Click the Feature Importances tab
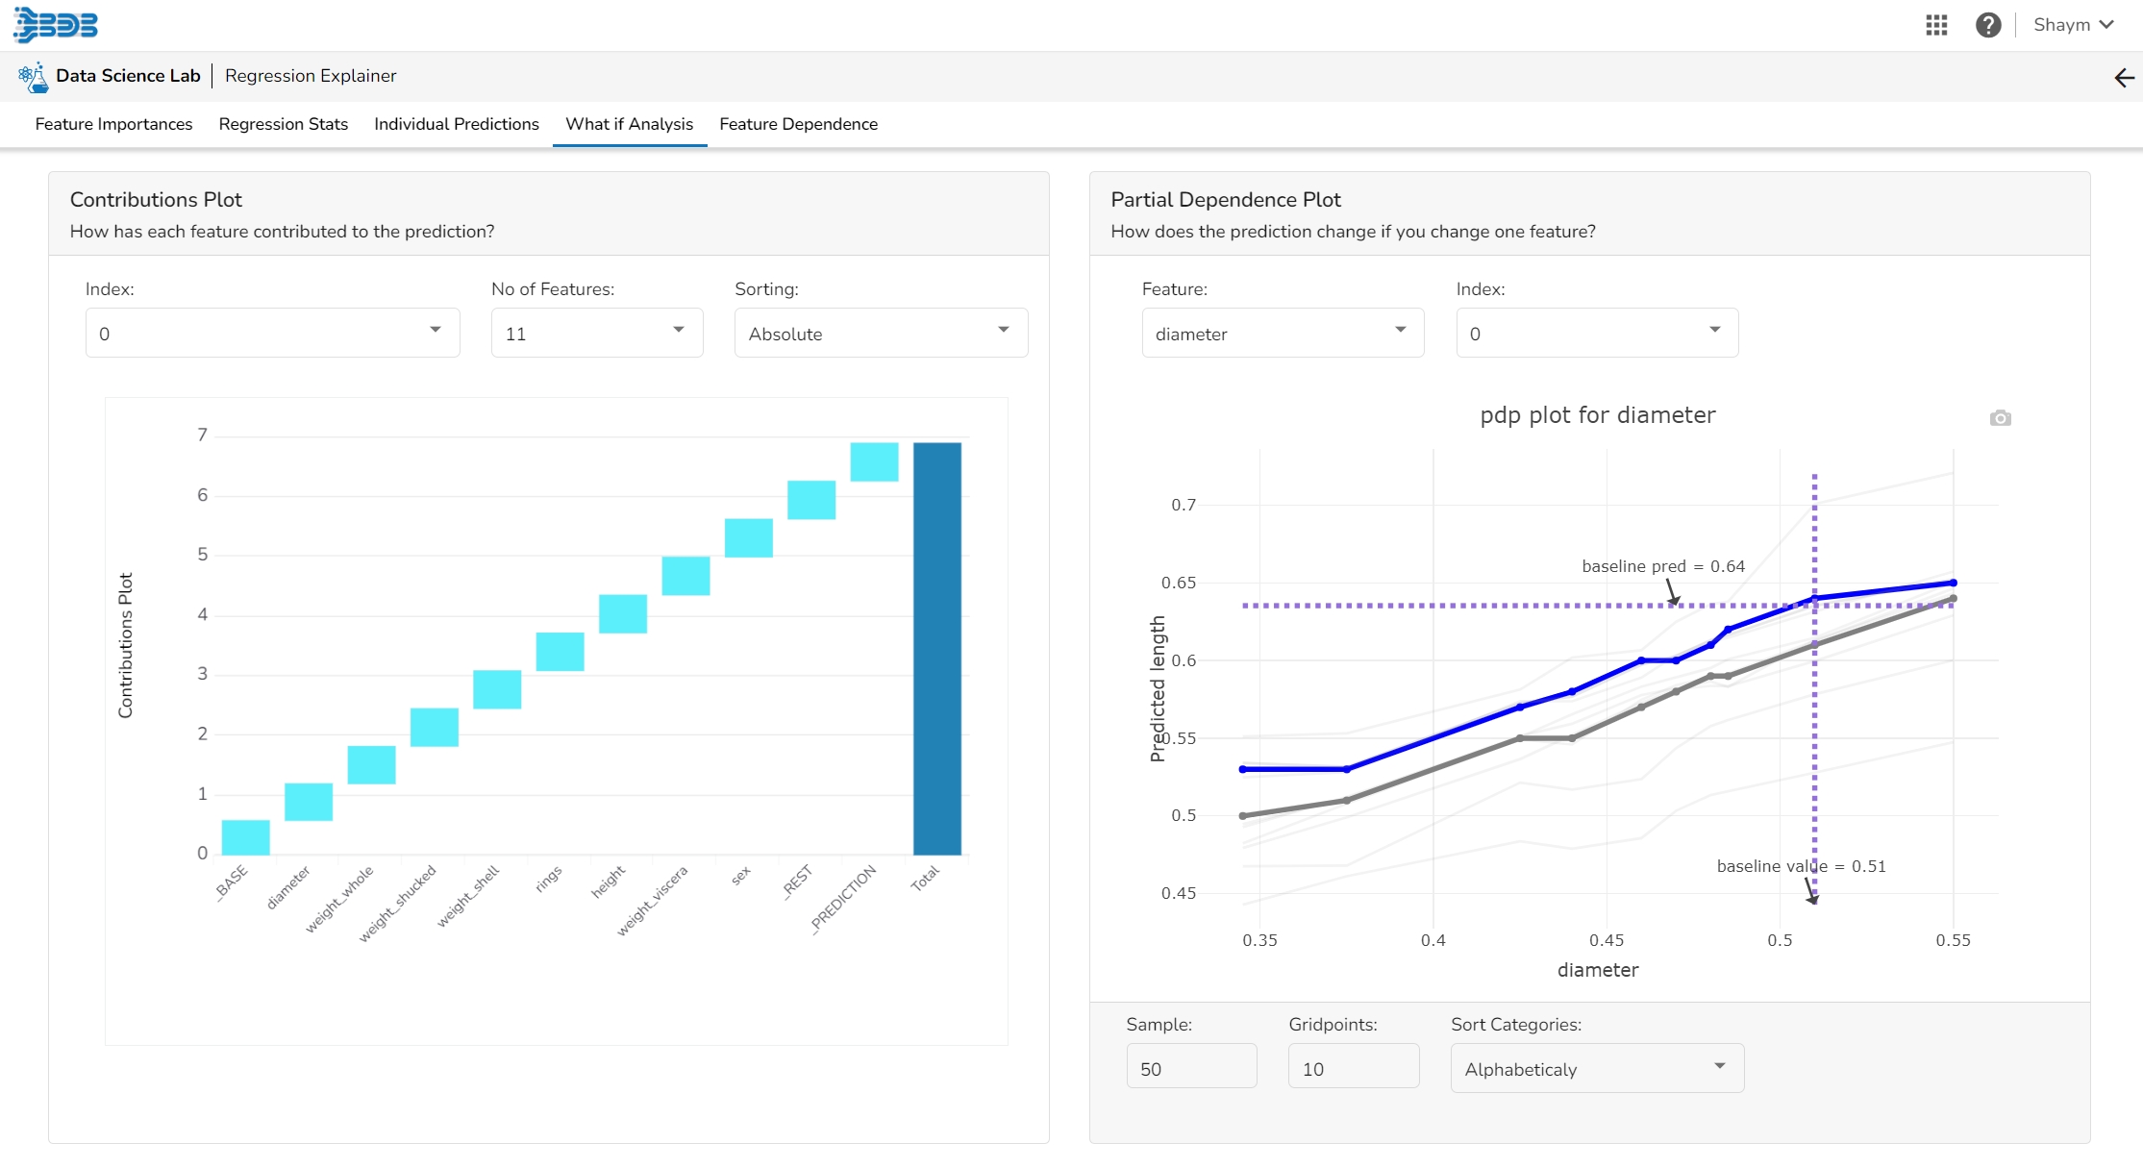tap(113, 124)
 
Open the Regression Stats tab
tap(283, 124)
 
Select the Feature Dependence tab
tap(798, 124)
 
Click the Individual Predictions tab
tap(456, 124)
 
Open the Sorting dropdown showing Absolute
tap(880, 334)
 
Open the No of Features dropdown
tap(596, 334)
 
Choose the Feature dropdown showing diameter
tap(1282, 334)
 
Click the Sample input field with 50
tap(1190, 1068)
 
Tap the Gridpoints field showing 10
tap(1353, 1068)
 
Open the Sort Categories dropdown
tap(1596, 1068)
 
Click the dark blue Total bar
tap(936, 649)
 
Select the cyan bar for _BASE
tap(245, 837)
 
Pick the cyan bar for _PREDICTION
tap(874, 461)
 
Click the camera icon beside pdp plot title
tap(2000, 418)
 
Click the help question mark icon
tap(1988, 25)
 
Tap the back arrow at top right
tap(2124, 78)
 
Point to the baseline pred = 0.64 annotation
tap(1662, 566)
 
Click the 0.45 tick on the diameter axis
tap(1607, 940)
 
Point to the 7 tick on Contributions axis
tap(202, 435)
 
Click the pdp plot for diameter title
tap(1597, 415)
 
